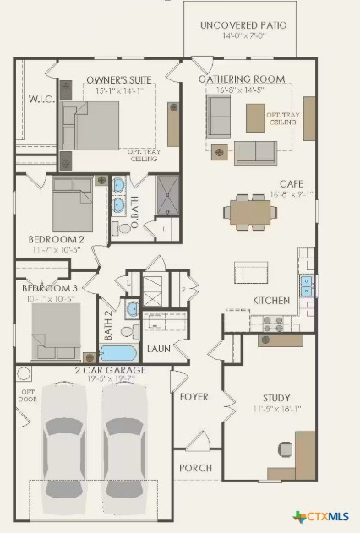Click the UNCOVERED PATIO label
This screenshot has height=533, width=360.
243,25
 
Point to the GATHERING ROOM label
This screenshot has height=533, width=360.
241,79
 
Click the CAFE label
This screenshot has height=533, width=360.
292,183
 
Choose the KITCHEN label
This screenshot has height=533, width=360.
271,301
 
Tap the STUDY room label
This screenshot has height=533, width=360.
275,398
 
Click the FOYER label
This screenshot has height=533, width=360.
194,397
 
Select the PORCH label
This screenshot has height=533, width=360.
194,467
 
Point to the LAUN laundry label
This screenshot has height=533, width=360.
158,348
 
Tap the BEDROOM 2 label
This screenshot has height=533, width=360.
56,239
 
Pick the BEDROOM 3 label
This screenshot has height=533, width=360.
49,288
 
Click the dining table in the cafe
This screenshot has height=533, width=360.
251,211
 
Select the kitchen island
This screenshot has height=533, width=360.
251,272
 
